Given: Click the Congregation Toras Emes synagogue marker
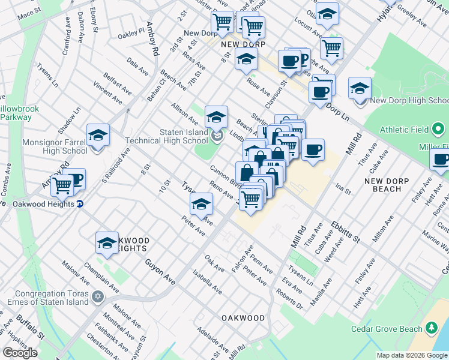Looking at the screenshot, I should point(97,296).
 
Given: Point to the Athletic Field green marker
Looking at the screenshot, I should point(438,129).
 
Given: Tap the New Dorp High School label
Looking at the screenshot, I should point(409,100).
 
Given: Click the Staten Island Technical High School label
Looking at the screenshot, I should point(167,136).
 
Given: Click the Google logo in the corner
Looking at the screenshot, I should point(20,353).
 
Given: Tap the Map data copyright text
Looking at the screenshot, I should point(412,355).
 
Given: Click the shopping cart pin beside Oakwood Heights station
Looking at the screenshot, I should point(62,185).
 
